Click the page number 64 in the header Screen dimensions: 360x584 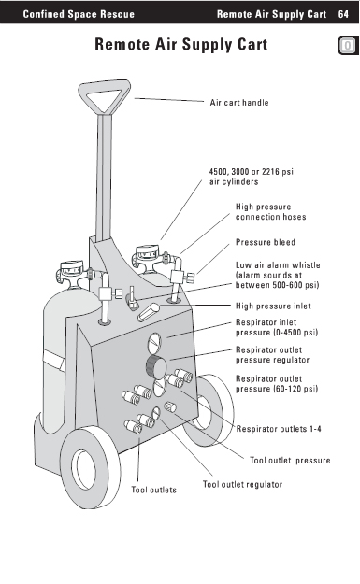[x=343, y=14]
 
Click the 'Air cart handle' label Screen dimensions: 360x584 [x=239, y=103]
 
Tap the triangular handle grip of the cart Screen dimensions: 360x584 [x=105, y=96]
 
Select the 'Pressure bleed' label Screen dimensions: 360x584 [x=266, y=242]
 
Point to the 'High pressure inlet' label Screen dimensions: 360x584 [x=273, y=306]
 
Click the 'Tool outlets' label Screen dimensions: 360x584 [x=153, y=490]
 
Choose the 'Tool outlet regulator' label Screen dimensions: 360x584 [x=242, y=484]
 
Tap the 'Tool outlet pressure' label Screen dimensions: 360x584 [x=290, y=461]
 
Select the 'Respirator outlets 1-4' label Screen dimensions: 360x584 [x=279, y=429]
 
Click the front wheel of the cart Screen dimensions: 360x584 [x=90, y=466]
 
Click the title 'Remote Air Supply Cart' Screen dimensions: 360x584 [x=181, y=44]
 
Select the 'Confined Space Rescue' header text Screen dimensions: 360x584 [x=79, y=14]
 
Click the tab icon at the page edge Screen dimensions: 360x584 [x=348, y=46]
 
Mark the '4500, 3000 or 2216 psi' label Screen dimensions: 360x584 [x=252, y=171]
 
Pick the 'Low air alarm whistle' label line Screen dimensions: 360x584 [x=278, y=264]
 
